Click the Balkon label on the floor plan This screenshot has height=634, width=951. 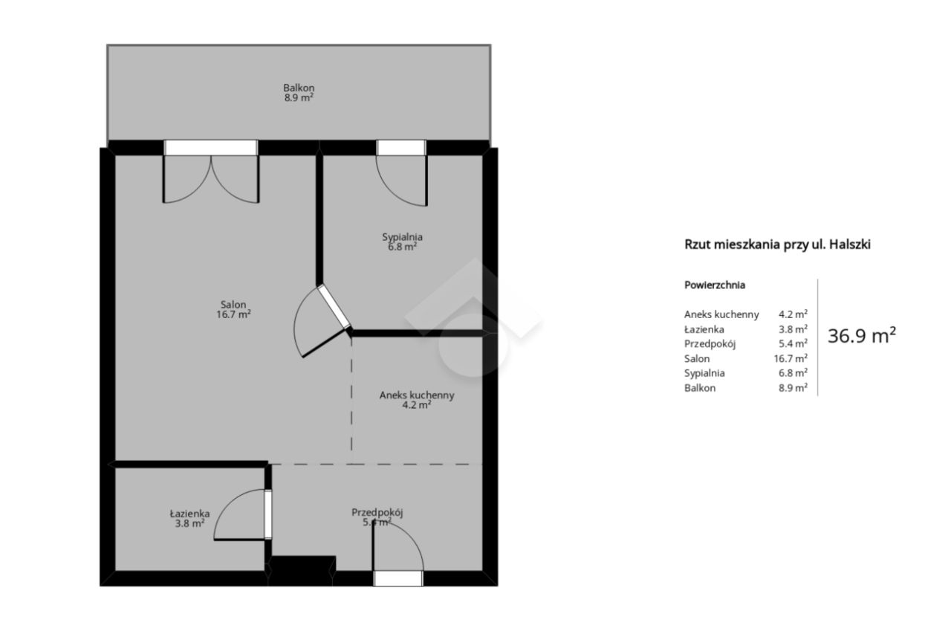299,88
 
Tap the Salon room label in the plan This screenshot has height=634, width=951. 233,305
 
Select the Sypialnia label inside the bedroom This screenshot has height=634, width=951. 402,237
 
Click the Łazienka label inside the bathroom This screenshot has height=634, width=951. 189,514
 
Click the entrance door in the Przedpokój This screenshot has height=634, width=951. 397,552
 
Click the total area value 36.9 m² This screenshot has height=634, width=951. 862,336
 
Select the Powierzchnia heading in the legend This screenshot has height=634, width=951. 715,285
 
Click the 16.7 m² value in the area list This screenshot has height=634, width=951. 791,358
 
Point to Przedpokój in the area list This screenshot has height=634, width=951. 710,344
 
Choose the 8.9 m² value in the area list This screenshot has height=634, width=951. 793,388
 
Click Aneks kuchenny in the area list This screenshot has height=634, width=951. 721,314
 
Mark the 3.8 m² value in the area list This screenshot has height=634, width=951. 793,329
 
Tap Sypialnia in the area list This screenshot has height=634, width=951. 704,373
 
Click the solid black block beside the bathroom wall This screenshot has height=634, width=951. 302,571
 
